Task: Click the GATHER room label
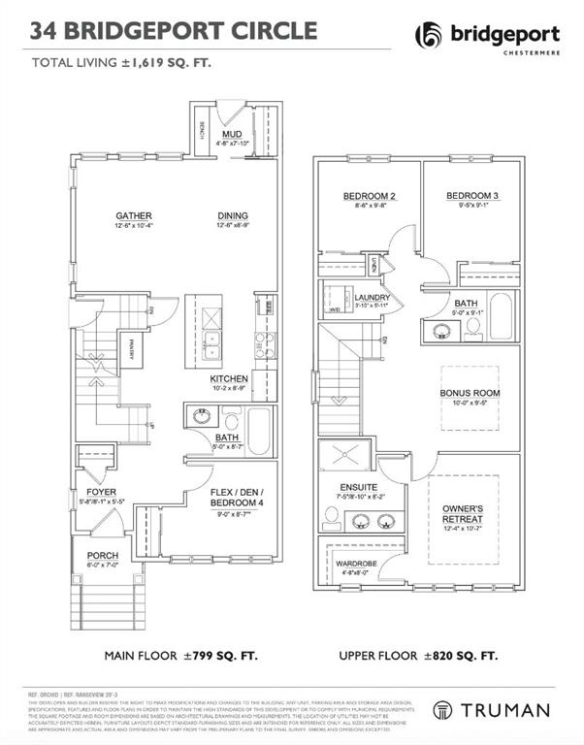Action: pyautogui.click(x=133, y=215)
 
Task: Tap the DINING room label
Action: pyautogui.click(x=232, y=215)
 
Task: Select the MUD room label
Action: pyautogui.click(x=232, y=134)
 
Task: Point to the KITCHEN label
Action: pyautogui.click(x=229, y=378)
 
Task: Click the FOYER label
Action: pyautogui.click(x=101, y=492)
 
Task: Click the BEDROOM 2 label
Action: pyautogui.click(x=365, y=197)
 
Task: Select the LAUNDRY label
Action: pyautogui.click(x=372, y=298)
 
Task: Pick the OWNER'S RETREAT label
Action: pyautogui.click(x=464, y=514)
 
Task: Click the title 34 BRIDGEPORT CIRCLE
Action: pyautogui.click(x=174, y=31)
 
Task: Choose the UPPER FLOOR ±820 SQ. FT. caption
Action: pyautogui.click(x=418, y=657)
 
